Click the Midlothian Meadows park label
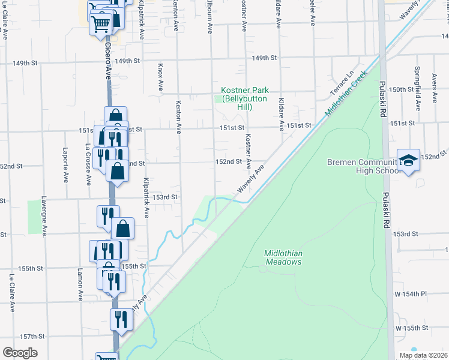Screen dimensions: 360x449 click(283, 257)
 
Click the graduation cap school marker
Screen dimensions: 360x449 click(408, 160)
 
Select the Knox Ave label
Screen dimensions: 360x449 click(160, 77)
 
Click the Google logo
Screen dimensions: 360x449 click(20, 353)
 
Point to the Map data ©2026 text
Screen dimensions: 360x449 click(423, 355)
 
